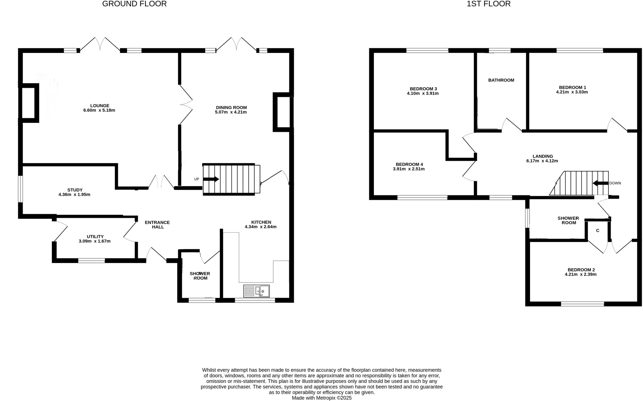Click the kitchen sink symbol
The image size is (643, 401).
pos(257,291)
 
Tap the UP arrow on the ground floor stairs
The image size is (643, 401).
pos(211,179)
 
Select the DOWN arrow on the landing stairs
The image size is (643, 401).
pos(600,183)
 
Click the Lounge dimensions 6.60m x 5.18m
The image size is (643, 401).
pos(99,110)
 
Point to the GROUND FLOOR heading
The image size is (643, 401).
pos(134,4)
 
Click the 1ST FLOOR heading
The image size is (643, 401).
pos(489,4)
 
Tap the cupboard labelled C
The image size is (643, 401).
pos(597,231)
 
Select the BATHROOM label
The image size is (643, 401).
pos(501,80)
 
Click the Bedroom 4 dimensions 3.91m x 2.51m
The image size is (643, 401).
pos(409,169)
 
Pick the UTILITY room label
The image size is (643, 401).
pos(95,236)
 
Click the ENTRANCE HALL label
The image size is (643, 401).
pos(157,224)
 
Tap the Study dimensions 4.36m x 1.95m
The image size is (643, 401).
pos(74,194)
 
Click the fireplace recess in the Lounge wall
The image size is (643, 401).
pos(29,103)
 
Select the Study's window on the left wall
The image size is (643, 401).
pos(20,189)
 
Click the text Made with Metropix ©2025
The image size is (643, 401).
pos(321,398)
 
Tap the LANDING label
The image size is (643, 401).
pos(543,156)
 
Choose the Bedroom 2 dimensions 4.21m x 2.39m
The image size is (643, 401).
pos(581,274)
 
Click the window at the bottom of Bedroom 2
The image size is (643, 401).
pos(582,303)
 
